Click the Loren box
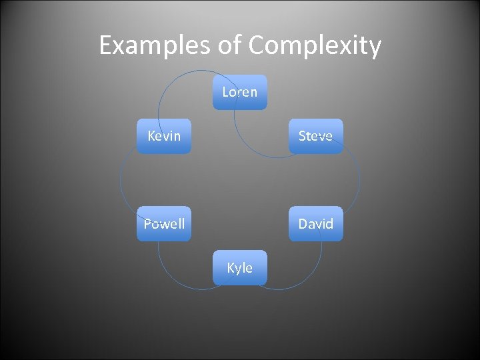pos(239,92)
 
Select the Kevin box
pos(163,136)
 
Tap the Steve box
pos(315,136)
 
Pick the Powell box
pos(163,223)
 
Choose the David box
pos(315,223)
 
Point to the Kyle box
pos(239,267)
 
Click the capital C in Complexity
pos(259,46)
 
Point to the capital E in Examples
pos(105,46)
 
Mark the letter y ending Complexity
pos(375,48)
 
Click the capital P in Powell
pos(148,223)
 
